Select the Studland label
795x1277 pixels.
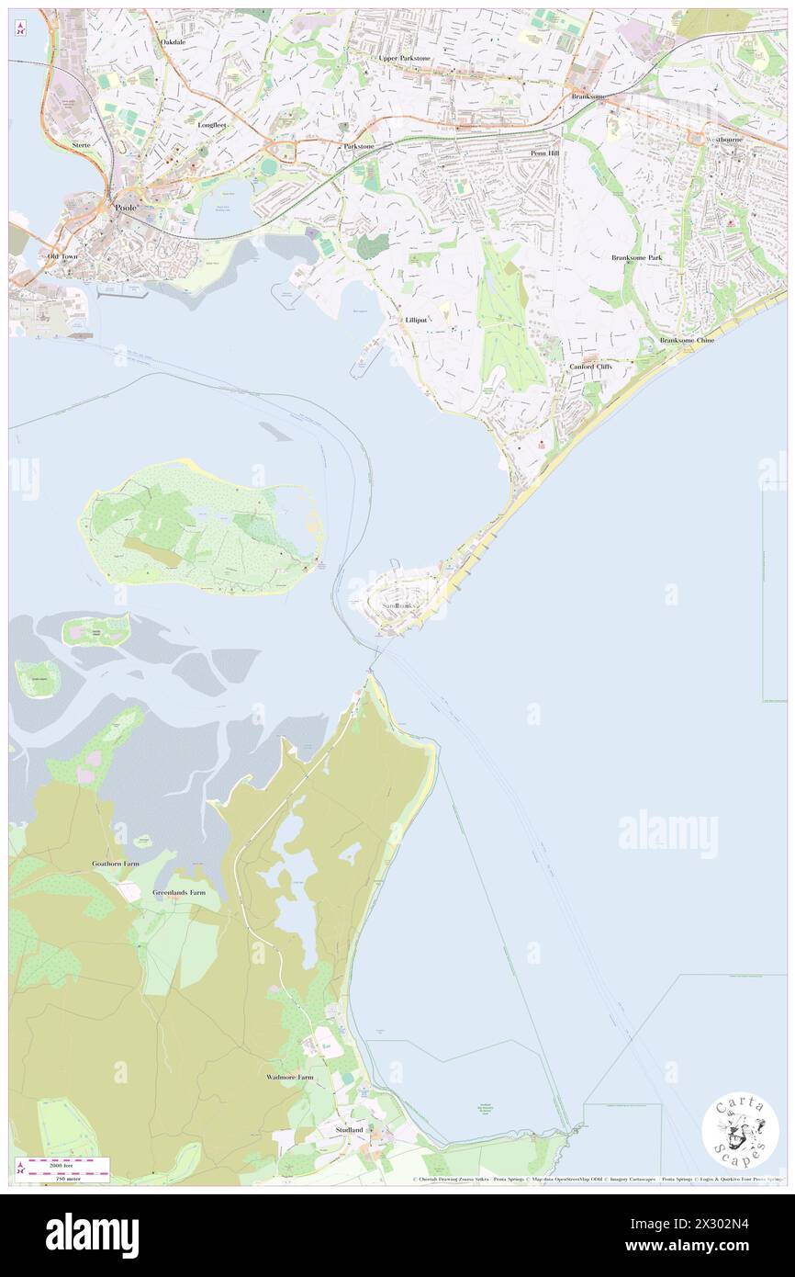pos(350,1129)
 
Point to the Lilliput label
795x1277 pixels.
pos(416,320)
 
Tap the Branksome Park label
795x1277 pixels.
pos(637,257)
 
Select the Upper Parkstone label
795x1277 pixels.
pos(405,58)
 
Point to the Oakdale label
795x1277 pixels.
pos(174,42)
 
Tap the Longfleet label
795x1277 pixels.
pos(211,124)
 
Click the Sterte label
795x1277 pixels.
pos(84,145)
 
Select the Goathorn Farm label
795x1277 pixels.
pos(114,864)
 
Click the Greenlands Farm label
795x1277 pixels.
pos(179,892)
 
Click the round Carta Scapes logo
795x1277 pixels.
pos(740,1131)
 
